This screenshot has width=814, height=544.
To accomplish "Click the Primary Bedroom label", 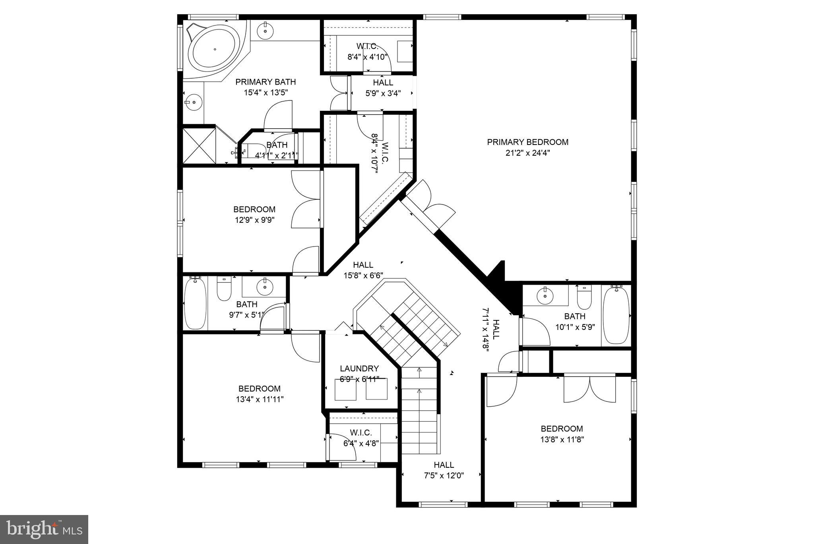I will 527,142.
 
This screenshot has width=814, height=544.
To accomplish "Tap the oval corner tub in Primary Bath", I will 215,49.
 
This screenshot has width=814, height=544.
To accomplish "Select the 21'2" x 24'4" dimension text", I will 527,153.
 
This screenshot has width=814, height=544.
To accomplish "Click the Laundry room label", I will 359,368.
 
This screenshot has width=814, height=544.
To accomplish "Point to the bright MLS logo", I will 44,529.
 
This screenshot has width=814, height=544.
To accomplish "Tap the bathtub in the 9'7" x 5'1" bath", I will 195,304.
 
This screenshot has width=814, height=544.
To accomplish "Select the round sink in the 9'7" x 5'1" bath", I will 264,286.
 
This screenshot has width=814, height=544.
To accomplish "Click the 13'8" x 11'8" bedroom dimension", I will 562,440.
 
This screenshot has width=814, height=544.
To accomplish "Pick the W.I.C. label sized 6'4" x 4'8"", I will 361,432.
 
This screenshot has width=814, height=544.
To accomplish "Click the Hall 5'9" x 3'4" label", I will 383,83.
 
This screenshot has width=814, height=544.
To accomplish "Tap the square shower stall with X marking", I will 199,145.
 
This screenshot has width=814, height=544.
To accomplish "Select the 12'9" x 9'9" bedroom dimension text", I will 254,220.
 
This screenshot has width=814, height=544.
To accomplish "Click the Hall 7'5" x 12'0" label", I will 444,465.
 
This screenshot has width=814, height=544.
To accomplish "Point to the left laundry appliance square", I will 346,389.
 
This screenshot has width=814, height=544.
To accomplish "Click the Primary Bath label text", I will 266,82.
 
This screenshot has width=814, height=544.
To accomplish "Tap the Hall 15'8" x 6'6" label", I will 363,265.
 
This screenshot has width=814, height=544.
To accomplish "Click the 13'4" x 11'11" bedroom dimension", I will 260,399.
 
